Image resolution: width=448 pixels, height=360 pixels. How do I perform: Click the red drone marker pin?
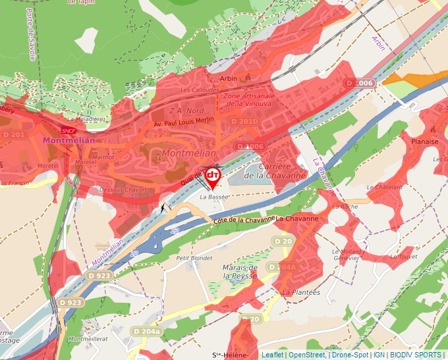click(213, 176)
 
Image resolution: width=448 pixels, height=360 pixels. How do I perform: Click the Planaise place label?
click(424, 141)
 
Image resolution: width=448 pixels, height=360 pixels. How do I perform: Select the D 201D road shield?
click(244, 122)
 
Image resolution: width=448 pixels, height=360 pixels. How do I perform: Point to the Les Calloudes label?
click(195, 90)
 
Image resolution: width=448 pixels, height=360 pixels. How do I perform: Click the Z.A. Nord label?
click(186, 111)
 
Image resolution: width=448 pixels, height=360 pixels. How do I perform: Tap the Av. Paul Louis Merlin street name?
click(184, 122)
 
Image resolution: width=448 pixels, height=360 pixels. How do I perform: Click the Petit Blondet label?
click(194, 258)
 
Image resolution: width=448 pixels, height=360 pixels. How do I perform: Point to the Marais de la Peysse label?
click(240, 272)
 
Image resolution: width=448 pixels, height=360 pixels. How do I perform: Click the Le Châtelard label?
click(385, 188)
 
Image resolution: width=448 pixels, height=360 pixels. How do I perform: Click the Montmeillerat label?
click(88, 339)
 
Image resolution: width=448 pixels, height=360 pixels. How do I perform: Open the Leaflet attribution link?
click(272, 355)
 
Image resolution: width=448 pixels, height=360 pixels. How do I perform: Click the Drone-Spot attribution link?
click(350, 355)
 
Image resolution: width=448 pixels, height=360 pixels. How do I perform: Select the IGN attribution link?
click(379, 355)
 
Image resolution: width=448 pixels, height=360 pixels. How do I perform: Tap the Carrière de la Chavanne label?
click(284, 171)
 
